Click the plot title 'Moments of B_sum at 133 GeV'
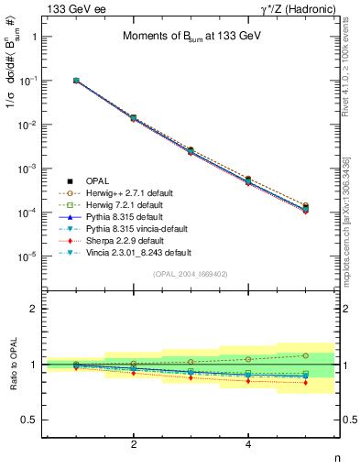[191, 36]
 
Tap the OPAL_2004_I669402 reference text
[191, 273]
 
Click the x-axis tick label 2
[134, 444]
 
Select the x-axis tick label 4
[248, 444]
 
